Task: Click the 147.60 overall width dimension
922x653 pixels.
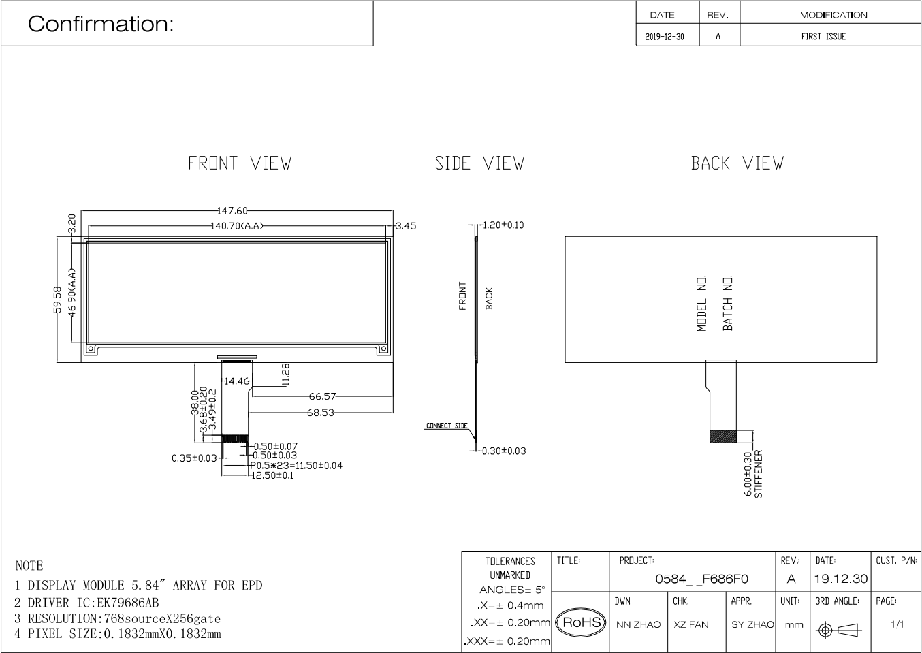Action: (x=232, y=210)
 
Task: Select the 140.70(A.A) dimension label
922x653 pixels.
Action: (x=237, y=226)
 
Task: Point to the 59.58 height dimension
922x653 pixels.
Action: (x=57, y=300)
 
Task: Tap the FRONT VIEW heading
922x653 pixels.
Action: (x=240, y=163)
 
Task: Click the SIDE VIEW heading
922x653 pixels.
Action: (x=479, y=163)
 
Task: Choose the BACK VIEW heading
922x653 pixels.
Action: (x=737, y=163)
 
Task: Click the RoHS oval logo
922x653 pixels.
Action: (x=582, y=622)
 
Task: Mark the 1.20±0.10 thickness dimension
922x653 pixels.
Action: (x=503, y=225)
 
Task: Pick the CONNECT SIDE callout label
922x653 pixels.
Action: (x=447, y=426)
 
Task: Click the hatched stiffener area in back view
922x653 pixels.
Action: (x=723, y=436)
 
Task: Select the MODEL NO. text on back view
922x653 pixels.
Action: (x=702, y=303)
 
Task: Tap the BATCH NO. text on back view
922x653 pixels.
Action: (x=728, y=303)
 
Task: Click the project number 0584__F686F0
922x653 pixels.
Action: (x=701, y=579)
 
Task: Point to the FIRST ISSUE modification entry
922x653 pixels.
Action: (x=823, y=37)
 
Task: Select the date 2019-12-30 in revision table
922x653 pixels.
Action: (x=665, y=37)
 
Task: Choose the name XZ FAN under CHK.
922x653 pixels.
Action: (x=691, y=624)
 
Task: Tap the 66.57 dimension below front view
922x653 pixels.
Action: (x=322, y=396)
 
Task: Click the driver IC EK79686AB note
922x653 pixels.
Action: (x=86, y=603)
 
